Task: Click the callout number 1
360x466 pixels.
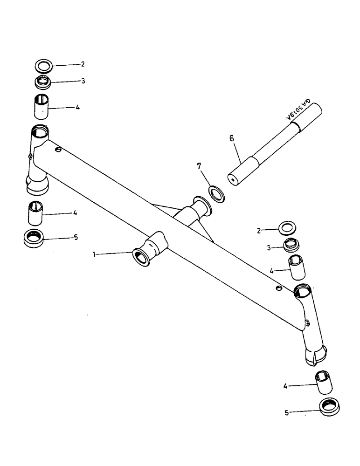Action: coord(95,254)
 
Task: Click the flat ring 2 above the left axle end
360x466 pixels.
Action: coord(43,65)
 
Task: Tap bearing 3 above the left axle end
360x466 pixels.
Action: coord(43,83)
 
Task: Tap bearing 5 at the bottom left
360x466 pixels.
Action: coord(34,238)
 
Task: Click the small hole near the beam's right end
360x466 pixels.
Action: coord(278,288)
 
